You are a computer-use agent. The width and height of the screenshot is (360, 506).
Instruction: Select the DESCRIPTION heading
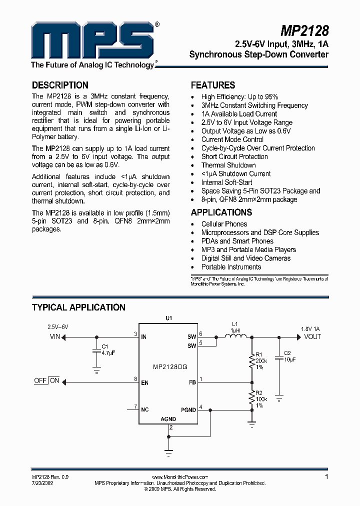click(60, 85)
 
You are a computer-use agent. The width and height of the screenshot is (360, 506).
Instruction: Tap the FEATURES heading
click(213, 85)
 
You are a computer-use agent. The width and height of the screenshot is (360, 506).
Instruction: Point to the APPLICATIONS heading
click(221, 212)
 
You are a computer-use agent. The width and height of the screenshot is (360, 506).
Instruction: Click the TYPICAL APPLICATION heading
click(78, 307)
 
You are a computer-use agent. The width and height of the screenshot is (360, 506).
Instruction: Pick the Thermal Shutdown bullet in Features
click(228, 165)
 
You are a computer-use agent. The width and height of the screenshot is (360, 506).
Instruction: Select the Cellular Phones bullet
click(224, 224)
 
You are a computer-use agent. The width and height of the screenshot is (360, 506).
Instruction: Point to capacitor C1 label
click(105, 346)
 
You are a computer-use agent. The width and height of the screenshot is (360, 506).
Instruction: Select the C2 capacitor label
click(287, 353)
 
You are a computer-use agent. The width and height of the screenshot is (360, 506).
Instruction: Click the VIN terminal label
click(54, 337)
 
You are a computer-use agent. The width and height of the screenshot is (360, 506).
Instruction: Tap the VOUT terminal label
click(312, 336)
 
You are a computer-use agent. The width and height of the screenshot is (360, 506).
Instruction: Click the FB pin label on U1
click(192, 382)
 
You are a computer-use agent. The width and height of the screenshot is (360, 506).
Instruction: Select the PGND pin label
click(188, 409)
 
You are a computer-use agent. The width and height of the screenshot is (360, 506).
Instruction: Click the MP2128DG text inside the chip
click(170, 367)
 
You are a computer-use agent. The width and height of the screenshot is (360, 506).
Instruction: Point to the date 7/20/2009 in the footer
click(42, 483)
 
